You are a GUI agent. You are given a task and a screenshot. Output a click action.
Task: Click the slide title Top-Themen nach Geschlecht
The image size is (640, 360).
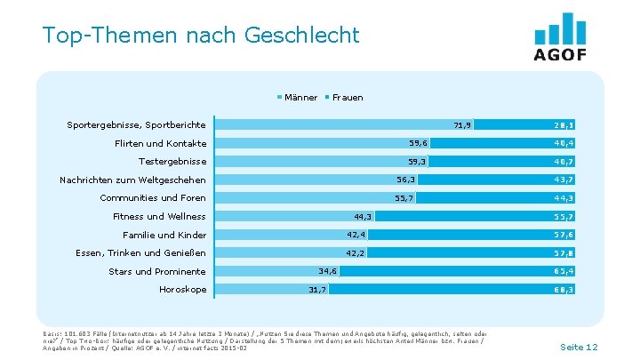coord(201,36)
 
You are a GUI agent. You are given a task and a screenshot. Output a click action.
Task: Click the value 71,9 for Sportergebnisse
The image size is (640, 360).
coord(462,124)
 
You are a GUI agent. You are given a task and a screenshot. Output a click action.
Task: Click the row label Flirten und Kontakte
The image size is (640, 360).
coord(160,143)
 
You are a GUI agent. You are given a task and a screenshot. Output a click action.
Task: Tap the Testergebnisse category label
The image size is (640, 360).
coord(172,162)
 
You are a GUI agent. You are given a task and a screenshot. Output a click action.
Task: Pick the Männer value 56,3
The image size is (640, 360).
coord(406,180)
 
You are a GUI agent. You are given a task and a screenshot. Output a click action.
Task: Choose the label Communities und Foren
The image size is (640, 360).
coord(153,198)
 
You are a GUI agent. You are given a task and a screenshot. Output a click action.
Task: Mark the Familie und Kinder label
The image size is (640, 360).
coord(164,235)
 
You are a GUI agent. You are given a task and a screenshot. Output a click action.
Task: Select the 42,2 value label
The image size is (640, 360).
coord(356,253)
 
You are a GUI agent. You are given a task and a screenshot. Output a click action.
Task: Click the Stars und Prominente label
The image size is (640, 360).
coord(157,271)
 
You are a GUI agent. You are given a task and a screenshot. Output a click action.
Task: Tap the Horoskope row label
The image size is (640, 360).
coord(182,290)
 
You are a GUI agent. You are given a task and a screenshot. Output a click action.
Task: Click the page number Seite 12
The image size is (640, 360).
coord(579,346)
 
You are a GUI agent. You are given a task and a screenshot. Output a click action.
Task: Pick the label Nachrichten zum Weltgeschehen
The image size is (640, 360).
coord(132,180)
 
